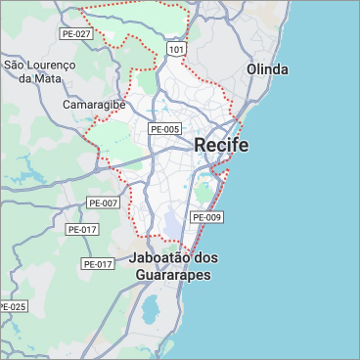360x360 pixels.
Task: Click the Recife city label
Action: [x=221, y=145]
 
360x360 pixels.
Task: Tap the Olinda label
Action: [x=267, y=69]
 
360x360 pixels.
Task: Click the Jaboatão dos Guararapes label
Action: [x=173, y=266]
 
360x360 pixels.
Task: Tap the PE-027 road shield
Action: [x=75, y=33]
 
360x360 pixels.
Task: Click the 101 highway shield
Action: [x=176, y=48]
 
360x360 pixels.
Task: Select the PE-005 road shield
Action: [x=164, y=129]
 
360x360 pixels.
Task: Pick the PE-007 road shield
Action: [x=103, y=202]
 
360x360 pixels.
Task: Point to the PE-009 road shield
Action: [x=206, y=216]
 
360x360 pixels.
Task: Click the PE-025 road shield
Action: [x=13, y=306]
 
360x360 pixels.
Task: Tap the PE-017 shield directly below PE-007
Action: [x=82, y=229]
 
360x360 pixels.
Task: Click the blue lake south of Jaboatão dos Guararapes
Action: [x=152, y=310]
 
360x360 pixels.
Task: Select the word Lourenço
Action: [x=53, y=65]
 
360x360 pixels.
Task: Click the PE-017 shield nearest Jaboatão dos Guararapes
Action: [x=98, y=263]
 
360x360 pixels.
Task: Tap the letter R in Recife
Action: [x=201, y=145]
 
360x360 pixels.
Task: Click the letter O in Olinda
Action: [x=252, y=69]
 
